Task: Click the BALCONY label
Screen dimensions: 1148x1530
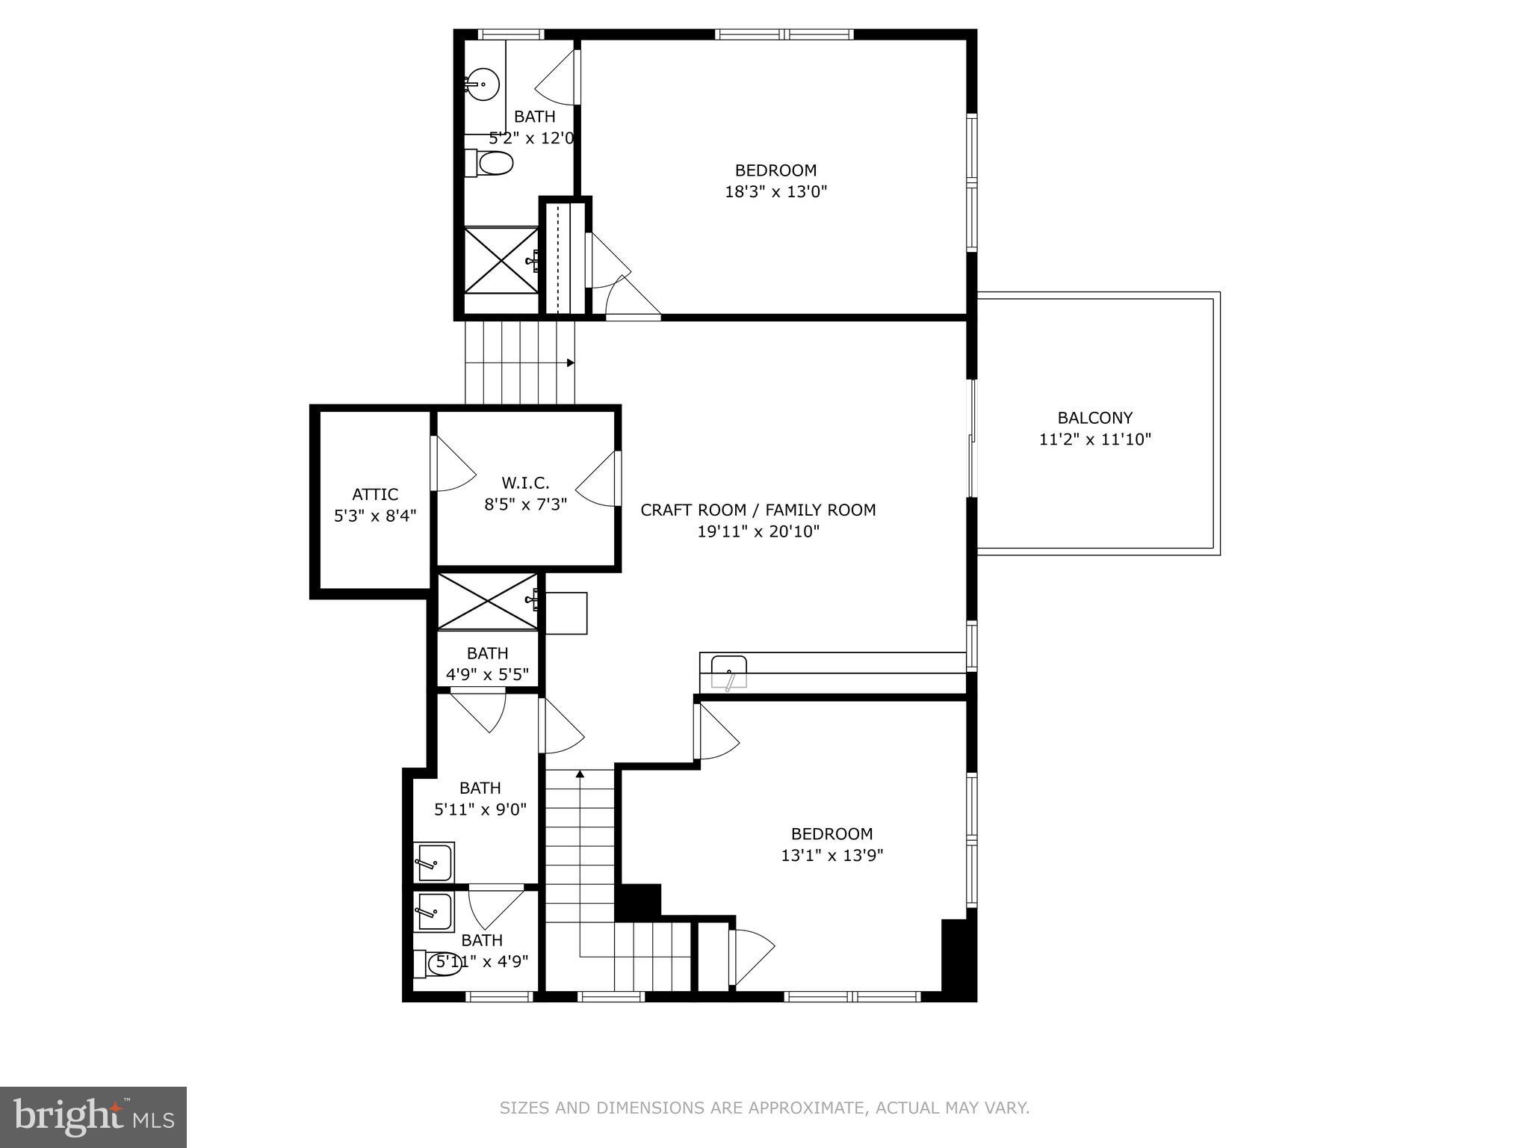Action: (1094, 418)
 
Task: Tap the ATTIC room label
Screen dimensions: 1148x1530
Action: (375, 494)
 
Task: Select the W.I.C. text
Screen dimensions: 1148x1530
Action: (525, 483)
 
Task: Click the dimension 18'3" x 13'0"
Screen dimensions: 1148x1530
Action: (775, 191)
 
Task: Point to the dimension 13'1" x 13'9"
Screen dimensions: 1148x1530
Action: (831, 855)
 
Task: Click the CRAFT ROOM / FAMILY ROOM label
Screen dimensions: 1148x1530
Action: (758, 510)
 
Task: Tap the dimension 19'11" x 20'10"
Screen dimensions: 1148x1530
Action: (758, 531)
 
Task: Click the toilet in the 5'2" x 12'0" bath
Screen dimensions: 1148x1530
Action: (491, 163)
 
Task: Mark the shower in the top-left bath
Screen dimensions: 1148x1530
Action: (501, 259)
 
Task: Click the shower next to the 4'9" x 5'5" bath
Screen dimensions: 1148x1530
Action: (487, 602)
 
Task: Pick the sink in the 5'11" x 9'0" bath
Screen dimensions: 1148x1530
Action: (433, 862)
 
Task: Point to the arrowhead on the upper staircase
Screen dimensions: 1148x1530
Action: (570, 363)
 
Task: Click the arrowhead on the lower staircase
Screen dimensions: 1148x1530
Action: (580, 774)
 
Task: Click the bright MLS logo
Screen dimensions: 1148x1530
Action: (93, 1117)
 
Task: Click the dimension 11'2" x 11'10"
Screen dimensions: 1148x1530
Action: (1094, 439)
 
